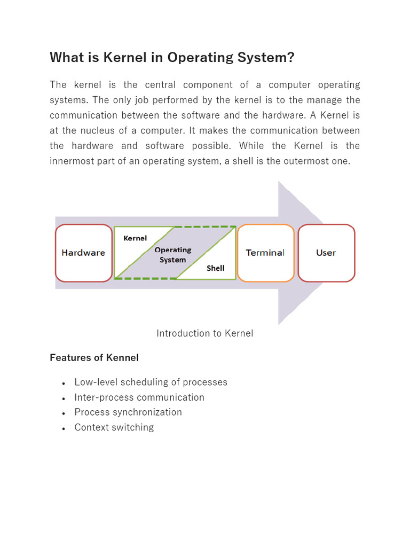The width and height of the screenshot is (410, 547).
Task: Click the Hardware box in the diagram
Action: click(83, 253)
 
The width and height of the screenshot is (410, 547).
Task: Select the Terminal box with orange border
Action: click(265, 253)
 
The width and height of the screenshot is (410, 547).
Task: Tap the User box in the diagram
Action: click(326, 253)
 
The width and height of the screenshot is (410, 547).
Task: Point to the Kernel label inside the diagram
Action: click(135, 238)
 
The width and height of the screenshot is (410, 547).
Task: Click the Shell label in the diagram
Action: click(216, 268)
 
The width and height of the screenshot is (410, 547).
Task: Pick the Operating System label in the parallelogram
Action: click(173, 255)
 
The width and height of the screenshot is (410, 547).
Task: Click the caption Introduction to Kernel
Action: click(205, 333)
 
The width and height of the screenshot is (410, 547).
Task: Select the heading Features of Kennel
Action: click(94, 358)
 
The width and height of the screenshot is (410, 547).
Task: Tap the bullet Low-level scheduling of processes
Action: click(151, 382)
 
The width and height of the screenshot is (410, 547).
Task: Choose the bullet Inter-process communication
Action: click(139, 397)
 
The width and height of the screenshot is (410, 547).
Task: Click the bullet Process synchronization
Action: click(128, 412)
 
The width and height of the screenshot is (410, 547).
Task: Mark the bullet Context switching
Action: click(114, 427)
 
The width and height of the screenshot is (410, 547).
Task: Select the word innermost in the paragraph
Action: click(74, 161)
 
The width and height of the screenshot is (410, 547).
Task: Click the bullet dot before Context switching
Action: click(64, 428)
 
